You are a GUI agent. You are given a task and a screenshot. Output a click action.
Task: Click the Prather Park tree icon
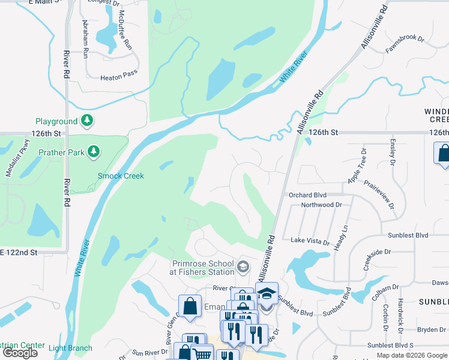(x=94, y=152)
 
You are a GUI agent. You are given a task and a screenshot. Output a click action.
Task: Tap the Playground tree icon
(x=88, y=121)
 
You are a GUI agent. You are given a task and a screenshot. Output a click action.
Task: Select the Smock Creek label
(x=121, y=176)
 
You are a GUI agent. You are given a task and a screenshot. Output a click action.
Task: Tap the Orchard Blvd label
(x=307, y=194)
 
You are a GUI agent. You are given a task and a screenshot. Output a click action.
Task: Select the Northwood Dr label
(x=321, y=205)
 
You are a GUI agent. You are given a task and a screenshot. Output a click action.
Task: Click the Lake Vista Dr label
(x=310, y=241)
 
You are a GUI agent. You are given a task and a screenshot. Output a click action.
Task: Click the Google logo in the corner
(x=20, y=352)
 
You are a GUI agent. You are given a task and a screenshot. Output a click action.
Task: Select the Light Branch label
(x=71, y=348)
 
